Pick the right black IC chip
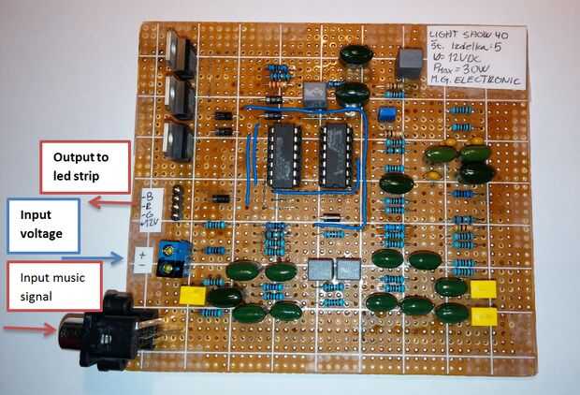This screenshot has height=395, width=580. tap(335, 155)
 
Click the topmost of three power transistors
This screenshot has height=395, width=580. tap(180, 52)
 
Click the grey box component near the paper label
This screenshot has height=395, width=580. tap(408, 62)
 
